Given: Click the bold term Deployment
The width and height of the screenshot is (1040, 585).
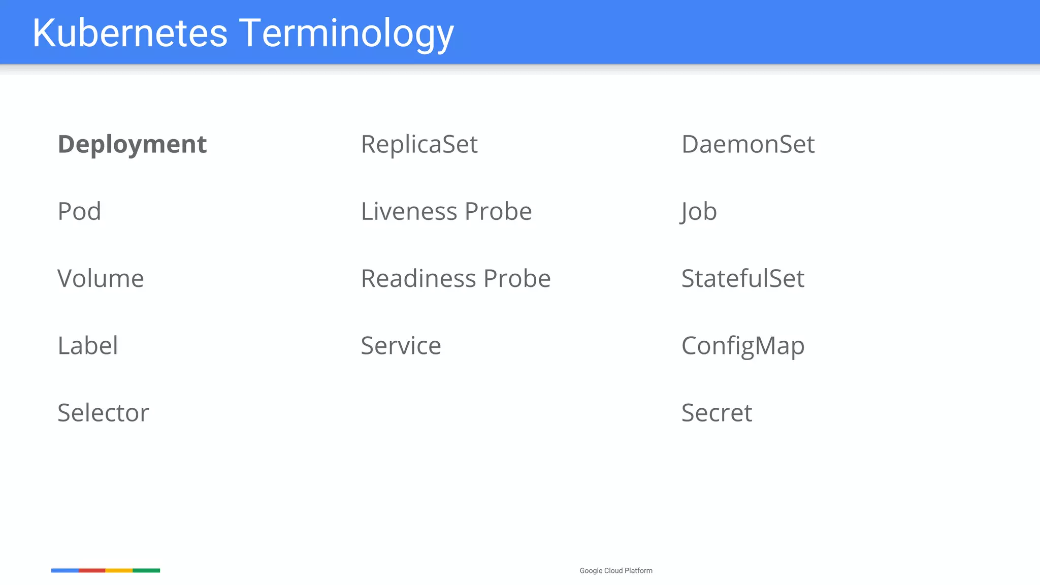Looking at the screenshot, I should pos(132,145).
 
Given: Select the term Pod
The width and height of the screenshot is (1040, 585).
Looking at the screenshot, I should pos(79,211).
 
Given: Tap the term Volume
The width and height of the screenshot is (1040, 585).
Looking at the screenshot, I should pos(101,278).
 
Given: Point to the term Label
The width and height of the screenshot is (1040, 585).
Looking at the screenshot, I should pos(88,346).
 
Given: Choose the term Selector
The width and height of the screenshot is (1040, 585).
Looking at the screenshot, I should pos(103,413).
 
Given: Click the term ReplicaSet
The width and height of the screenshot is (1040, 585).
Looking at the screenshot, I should pos(419,145).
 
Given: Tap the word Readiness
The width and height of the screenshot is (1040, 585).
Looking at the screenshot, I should pos(418,278).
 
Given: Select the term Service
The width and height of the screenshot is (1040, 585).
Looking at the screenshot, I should pos(401,346).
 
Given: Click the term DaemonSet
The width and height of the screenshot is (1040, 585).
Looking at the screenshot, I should pos(747,145).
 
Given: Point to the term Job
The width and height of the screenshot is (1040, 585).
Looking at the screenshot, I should pos(699,211).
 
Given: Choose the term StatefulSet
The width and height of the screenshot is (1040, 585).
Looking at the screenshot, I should pos(742,278).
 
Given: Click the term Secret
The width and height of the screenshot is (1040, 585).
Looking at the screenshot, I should pos(716,413).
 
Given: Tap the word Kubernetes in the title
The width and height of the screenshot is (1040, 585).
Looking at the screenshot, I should pos(130,33).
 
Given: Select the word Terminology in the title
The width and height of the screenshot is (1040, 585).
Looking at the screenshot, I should pos(346,33).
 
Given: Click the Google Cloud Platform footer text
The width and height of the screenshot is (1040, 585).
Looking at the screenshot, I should pos(615,571).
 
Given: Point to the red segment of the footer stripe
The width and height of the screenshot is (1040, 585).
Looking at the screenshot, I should pos(92,571).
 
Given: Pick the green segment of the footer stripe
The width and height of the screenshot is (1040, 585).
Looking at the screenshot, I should pos(146,571).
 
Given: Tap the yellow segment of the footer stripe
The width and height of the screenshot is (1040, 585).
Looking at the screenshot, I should pos(119,571).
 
